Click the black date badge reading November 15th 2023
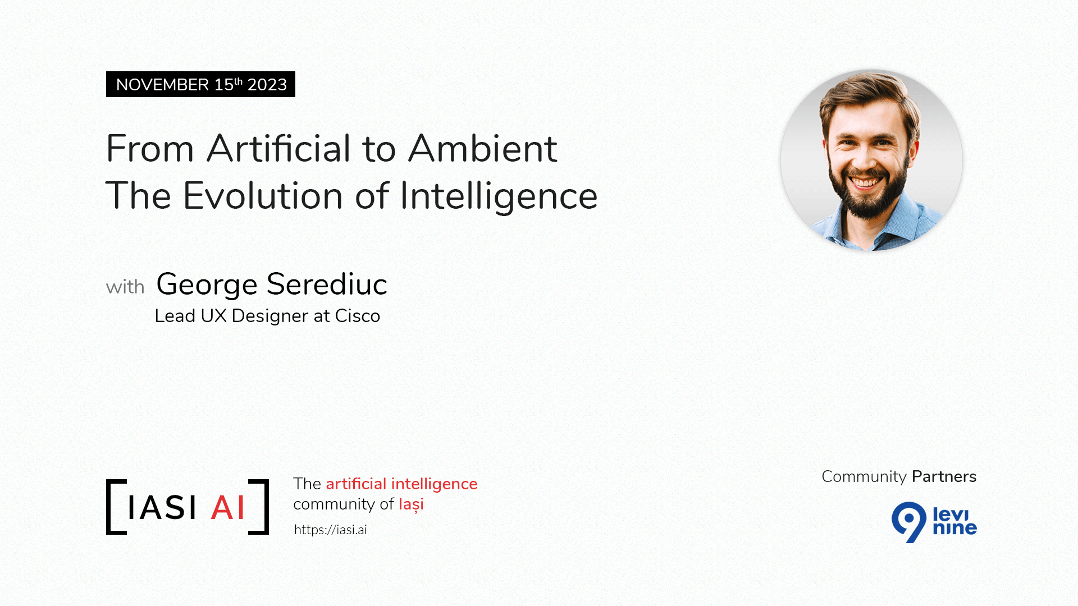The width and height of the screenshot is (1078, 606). point(200,84)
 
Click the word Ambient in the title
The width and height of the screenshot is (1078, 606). point(482,149)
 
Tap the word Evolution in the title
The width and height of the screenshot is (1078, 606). point(263,196)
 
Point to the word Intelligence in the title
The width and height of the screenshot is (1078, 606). point(498,197)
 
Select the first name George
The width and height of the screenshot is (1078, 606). point(207,284)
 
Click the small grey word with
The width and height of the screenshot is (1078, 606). point(125,287)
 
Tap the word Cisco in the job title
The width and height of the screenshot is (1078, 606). point(358,316)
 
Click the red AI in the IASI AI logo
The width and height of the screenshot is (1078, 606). point(228,508)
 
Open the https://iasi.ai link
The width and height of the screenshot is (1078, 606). point(330,530)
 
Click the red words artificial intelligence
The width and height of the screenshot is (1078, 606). point(401,484)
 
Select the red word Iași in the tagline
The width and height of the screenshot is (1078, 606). point(411,504)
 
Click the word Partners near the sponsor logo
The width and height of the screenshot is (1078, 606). point(944,476)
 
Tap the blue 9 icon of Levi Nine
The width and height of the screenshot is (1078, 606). point(908,521)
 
